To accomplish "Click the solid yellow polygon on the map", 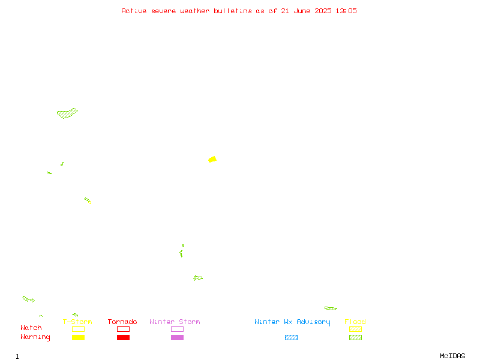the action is [x=212, y=160].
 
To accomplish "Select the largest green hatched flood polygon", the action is [x=67, y=113].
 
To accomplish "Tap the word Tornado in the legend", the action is [x=122, y=322].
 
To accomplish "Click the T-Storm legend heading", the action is [x=77, y=322].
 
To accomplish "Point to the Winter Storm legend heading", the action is [x=175, y=322].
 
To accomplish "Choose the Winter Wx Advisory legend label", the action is [x=292, y=322].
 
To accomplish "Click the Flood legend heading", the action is [x=355, y=322].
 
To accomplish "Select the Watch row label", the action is [x=31, y=328].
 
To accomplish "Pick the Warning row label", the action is [x=35, y=337].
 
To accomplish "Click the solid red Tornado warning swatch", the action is [x=124, y=337].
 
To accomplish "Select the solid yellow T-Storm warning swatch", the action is [x=79, y=337].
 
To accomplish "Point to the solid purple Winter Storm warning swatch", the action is [x=177, y=337].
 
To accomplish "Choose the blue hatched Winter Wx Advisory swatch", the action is [x=291, y=337].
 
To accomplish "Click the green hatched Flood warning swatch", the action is [x=355, y=337].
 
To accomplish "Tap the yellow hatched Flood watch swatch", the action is [x=355, y=329].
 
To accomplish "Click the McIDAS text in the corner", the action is [x=452, y=356].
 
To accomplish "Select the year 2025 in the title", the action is [x=323, y=11].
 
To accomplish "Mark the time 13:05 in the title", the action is [x=346, y=11].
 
